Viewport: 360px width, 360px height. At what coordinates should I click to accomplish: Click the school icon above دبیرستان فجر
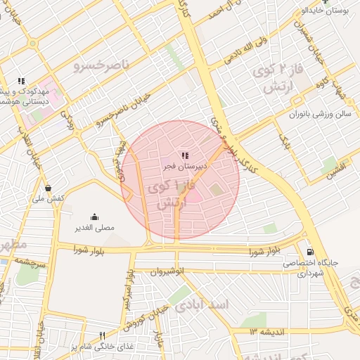(x=185, y=155)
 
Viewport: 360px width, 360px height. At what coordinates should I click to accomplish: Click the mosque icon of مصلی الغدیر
(x=95, y=217)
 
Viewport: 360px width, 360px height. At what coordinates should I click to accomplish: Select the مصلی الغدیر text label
(x=95, y=228)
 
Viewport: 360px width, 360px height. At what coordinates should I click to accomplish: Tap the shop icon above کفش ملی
(x=48, y=188)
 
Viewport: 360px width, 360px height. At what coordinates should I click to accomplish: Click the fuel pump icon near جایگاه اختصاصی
(x=310, y=252)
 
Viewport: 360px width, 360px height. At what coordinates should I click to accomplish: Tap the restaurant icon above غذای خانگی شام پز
(x=102, y=335)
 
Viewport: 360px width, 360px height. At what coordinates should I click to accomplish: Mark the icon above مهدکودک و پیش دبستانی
(x=21, y=81)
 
